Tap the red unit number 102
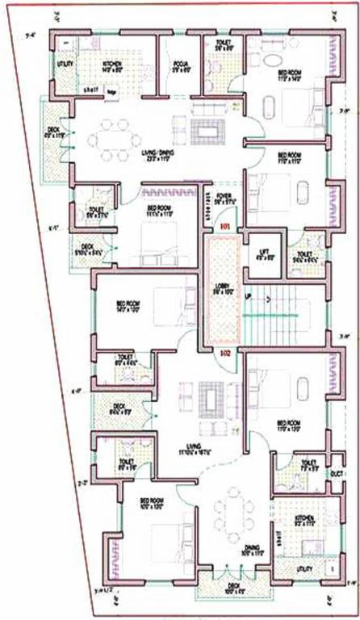(x=226, y=352)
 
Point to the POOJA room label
(x=181, y=66)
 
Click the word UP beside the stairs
(x=248, y=298)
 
